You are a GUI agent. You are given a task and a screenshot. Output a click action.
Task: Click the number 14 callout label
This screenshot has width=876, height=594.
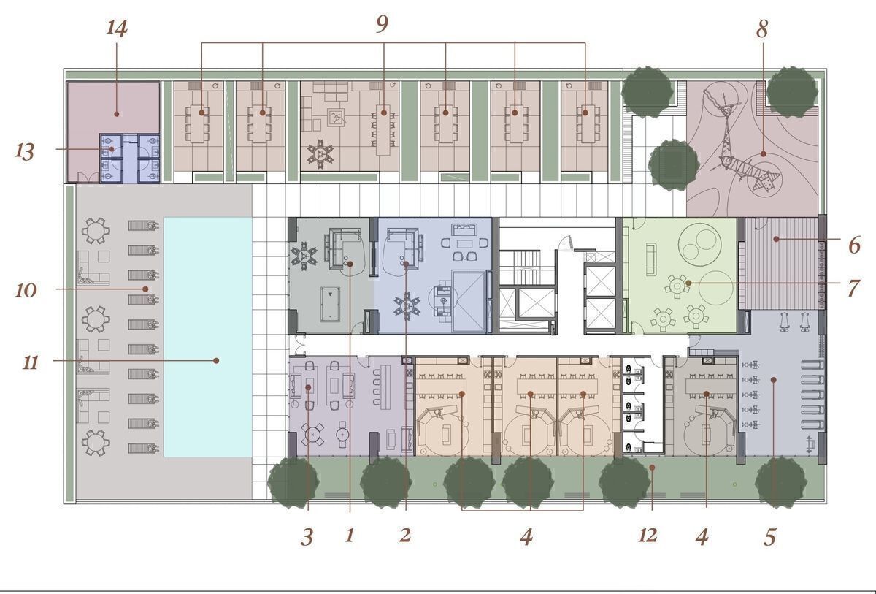[117, 28]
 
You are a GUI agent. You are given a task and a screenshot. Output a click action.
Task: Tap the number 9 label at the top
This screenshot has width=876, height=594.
[382, 24]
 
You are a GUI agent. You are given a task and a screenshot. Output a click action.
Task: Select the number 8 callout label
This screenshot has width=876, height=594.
[762, 29]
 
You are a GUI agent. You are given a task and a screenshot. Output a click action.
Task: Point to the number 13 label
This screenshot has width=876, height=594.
[25, 152]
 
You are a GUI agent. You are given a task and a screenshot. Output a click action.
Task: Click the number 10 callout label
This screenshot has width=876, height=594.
[26, 290]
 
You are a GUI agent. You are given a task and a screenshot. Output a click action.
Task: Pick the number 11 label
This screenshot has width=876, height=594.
[30, 362]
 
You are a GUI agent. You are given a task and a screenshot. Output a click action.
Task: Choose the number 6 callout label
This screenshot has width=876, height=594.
[854, 245]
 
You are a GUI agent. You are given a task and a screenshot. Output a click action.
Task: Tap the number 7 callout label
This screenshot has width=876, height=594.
[853, 289]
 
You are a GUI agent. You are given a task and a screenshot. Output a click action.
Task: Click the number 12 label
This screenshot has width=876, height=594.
[648, 536]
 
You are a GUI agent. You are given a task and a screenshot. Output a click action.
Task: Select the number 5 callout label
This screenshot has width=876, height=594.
[769, 537]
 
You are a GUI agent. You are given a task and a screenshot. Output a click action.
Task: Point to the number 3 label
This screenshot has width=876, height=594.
[307, 537]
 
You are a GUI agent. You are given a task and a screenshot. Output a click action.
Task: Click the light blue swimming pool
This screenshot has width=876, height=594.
[208, 337]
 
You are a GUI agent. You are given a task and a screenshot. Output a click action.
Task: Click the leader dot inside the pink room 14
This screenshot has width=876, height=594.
[117, 114]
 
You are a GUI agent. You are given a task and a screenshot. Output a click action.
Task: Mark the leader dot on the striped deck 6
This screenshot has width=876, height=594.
[776, 239]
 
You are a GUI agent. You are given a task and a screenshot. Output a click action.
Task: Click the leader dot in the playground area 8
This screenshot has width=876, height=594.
[764, 154]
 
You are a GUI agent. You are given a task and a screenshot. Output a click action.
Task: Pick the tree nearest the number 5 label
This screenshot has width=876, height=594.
[780, 482]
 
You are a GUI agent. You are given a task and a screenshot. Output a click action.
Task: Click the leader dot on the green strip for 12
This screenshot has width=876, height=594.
[652, 467]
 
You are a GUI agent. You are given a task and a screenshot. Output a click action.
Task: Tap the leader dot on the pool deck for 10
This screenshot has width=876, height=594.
[145, 289]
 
